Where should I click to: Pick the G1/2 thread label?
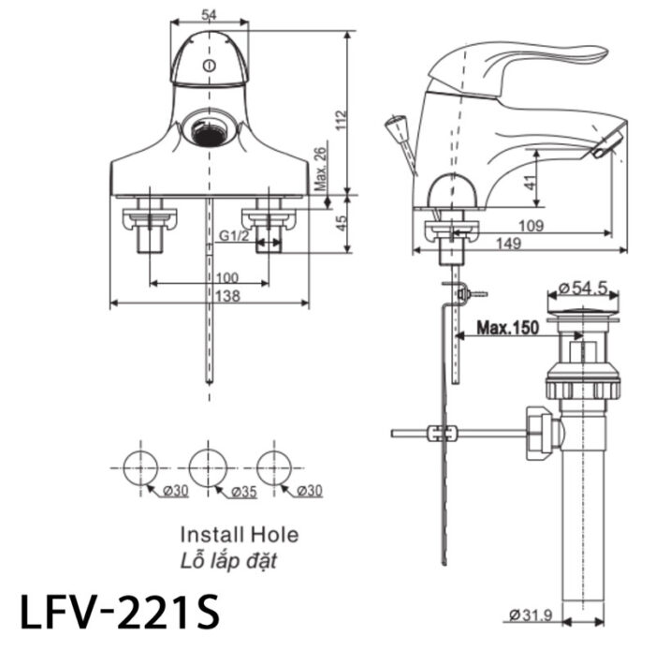[234, 235]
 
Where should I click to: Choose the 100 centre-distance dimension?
[226, 277]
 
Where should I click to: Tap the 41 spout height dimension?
[531, 182]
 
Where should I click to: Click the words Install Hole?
[239, 535]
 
